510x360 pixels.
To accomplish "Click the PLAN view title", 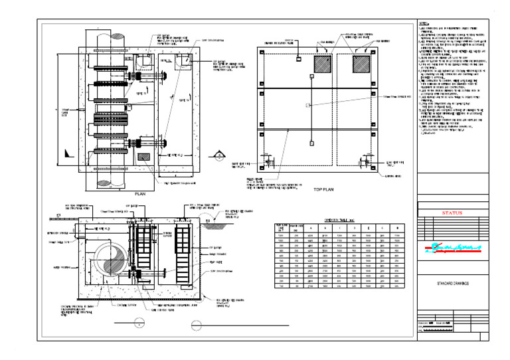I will [x=140, y=193].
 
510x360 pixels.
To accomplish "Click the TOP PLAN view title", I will [x=323, y=189].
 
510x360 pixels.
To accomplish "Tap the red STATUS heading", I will [x=452, y=213].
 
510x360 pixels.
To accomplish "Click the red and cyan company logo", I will [x=452, y=250].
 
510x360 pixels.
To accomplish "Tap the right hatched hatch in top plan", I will [x=363, y=64].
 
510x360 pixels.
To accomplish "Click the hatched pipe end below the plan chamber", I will [x=106, y=179].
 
